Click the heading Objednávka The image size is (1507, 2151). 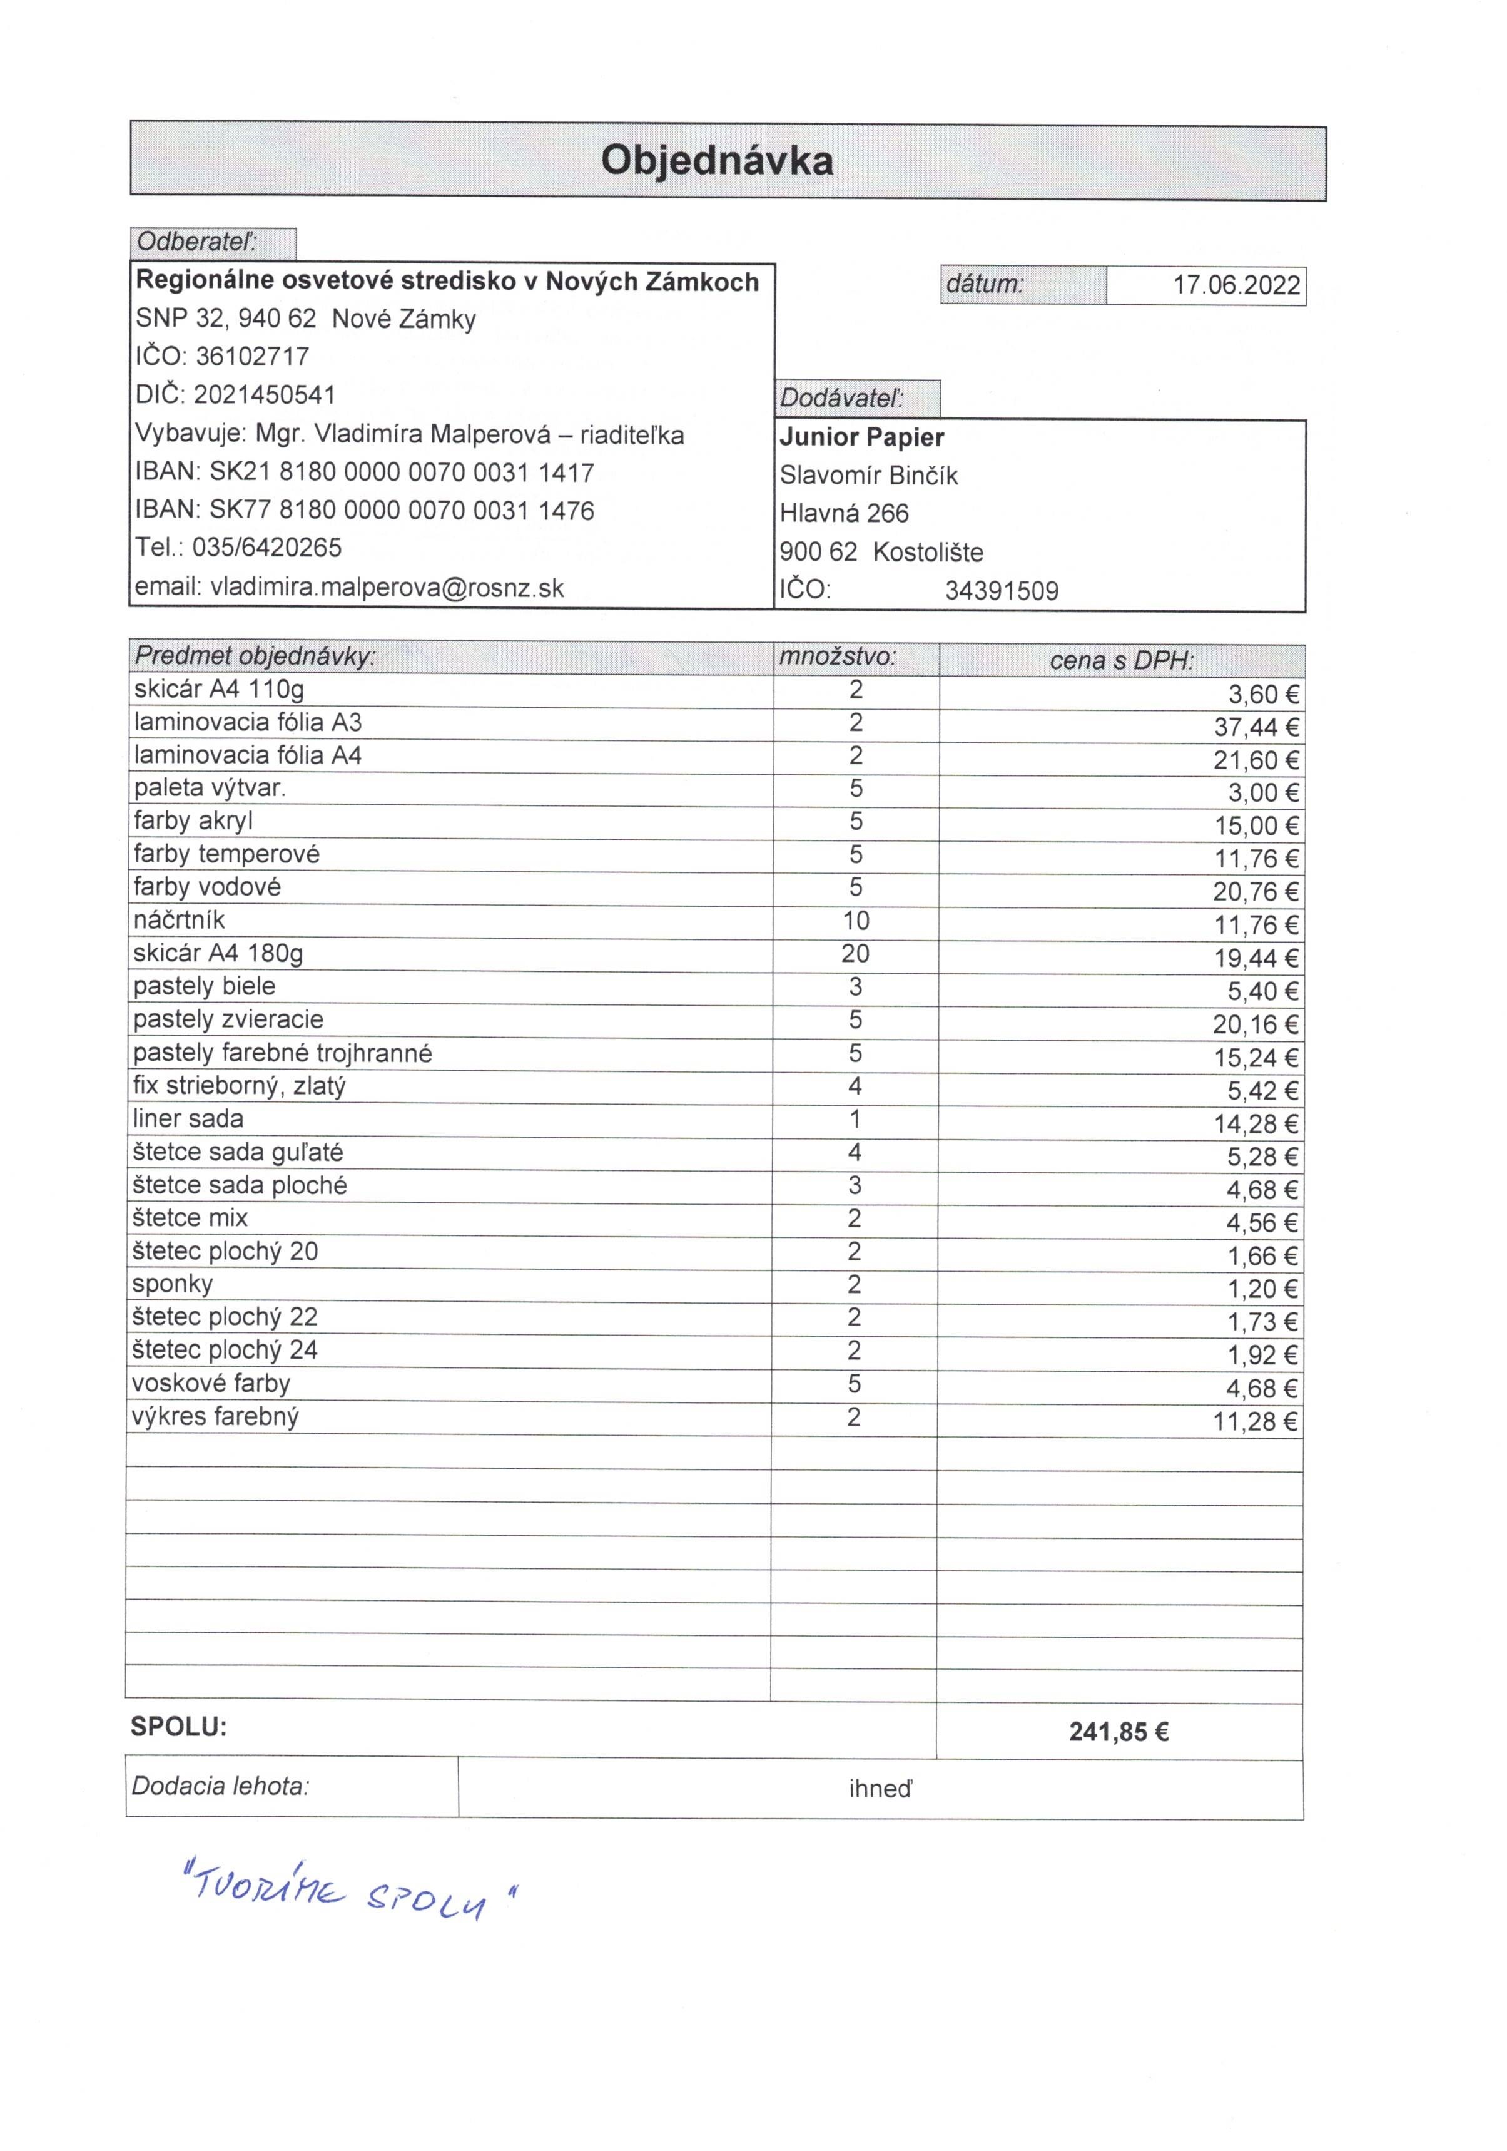716,160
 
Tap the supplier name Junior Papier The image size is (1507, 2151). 861,437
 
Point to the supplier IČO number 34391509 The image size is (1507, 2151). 1002,591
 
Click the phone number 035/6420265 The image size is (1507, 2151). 267,548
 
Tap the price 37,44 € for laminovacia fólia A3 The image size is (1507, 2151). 1256,728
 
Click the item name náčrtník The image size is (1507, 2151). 179,920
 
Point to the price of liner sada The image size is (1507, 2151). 1256,1124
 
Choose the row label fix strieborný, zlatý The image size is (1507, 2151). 240,1086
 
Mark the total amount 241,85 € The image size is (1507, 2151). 1119,1732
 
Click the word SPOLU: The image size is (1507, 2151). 179,1727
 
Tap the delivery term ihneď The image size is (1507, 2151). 880,1789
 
